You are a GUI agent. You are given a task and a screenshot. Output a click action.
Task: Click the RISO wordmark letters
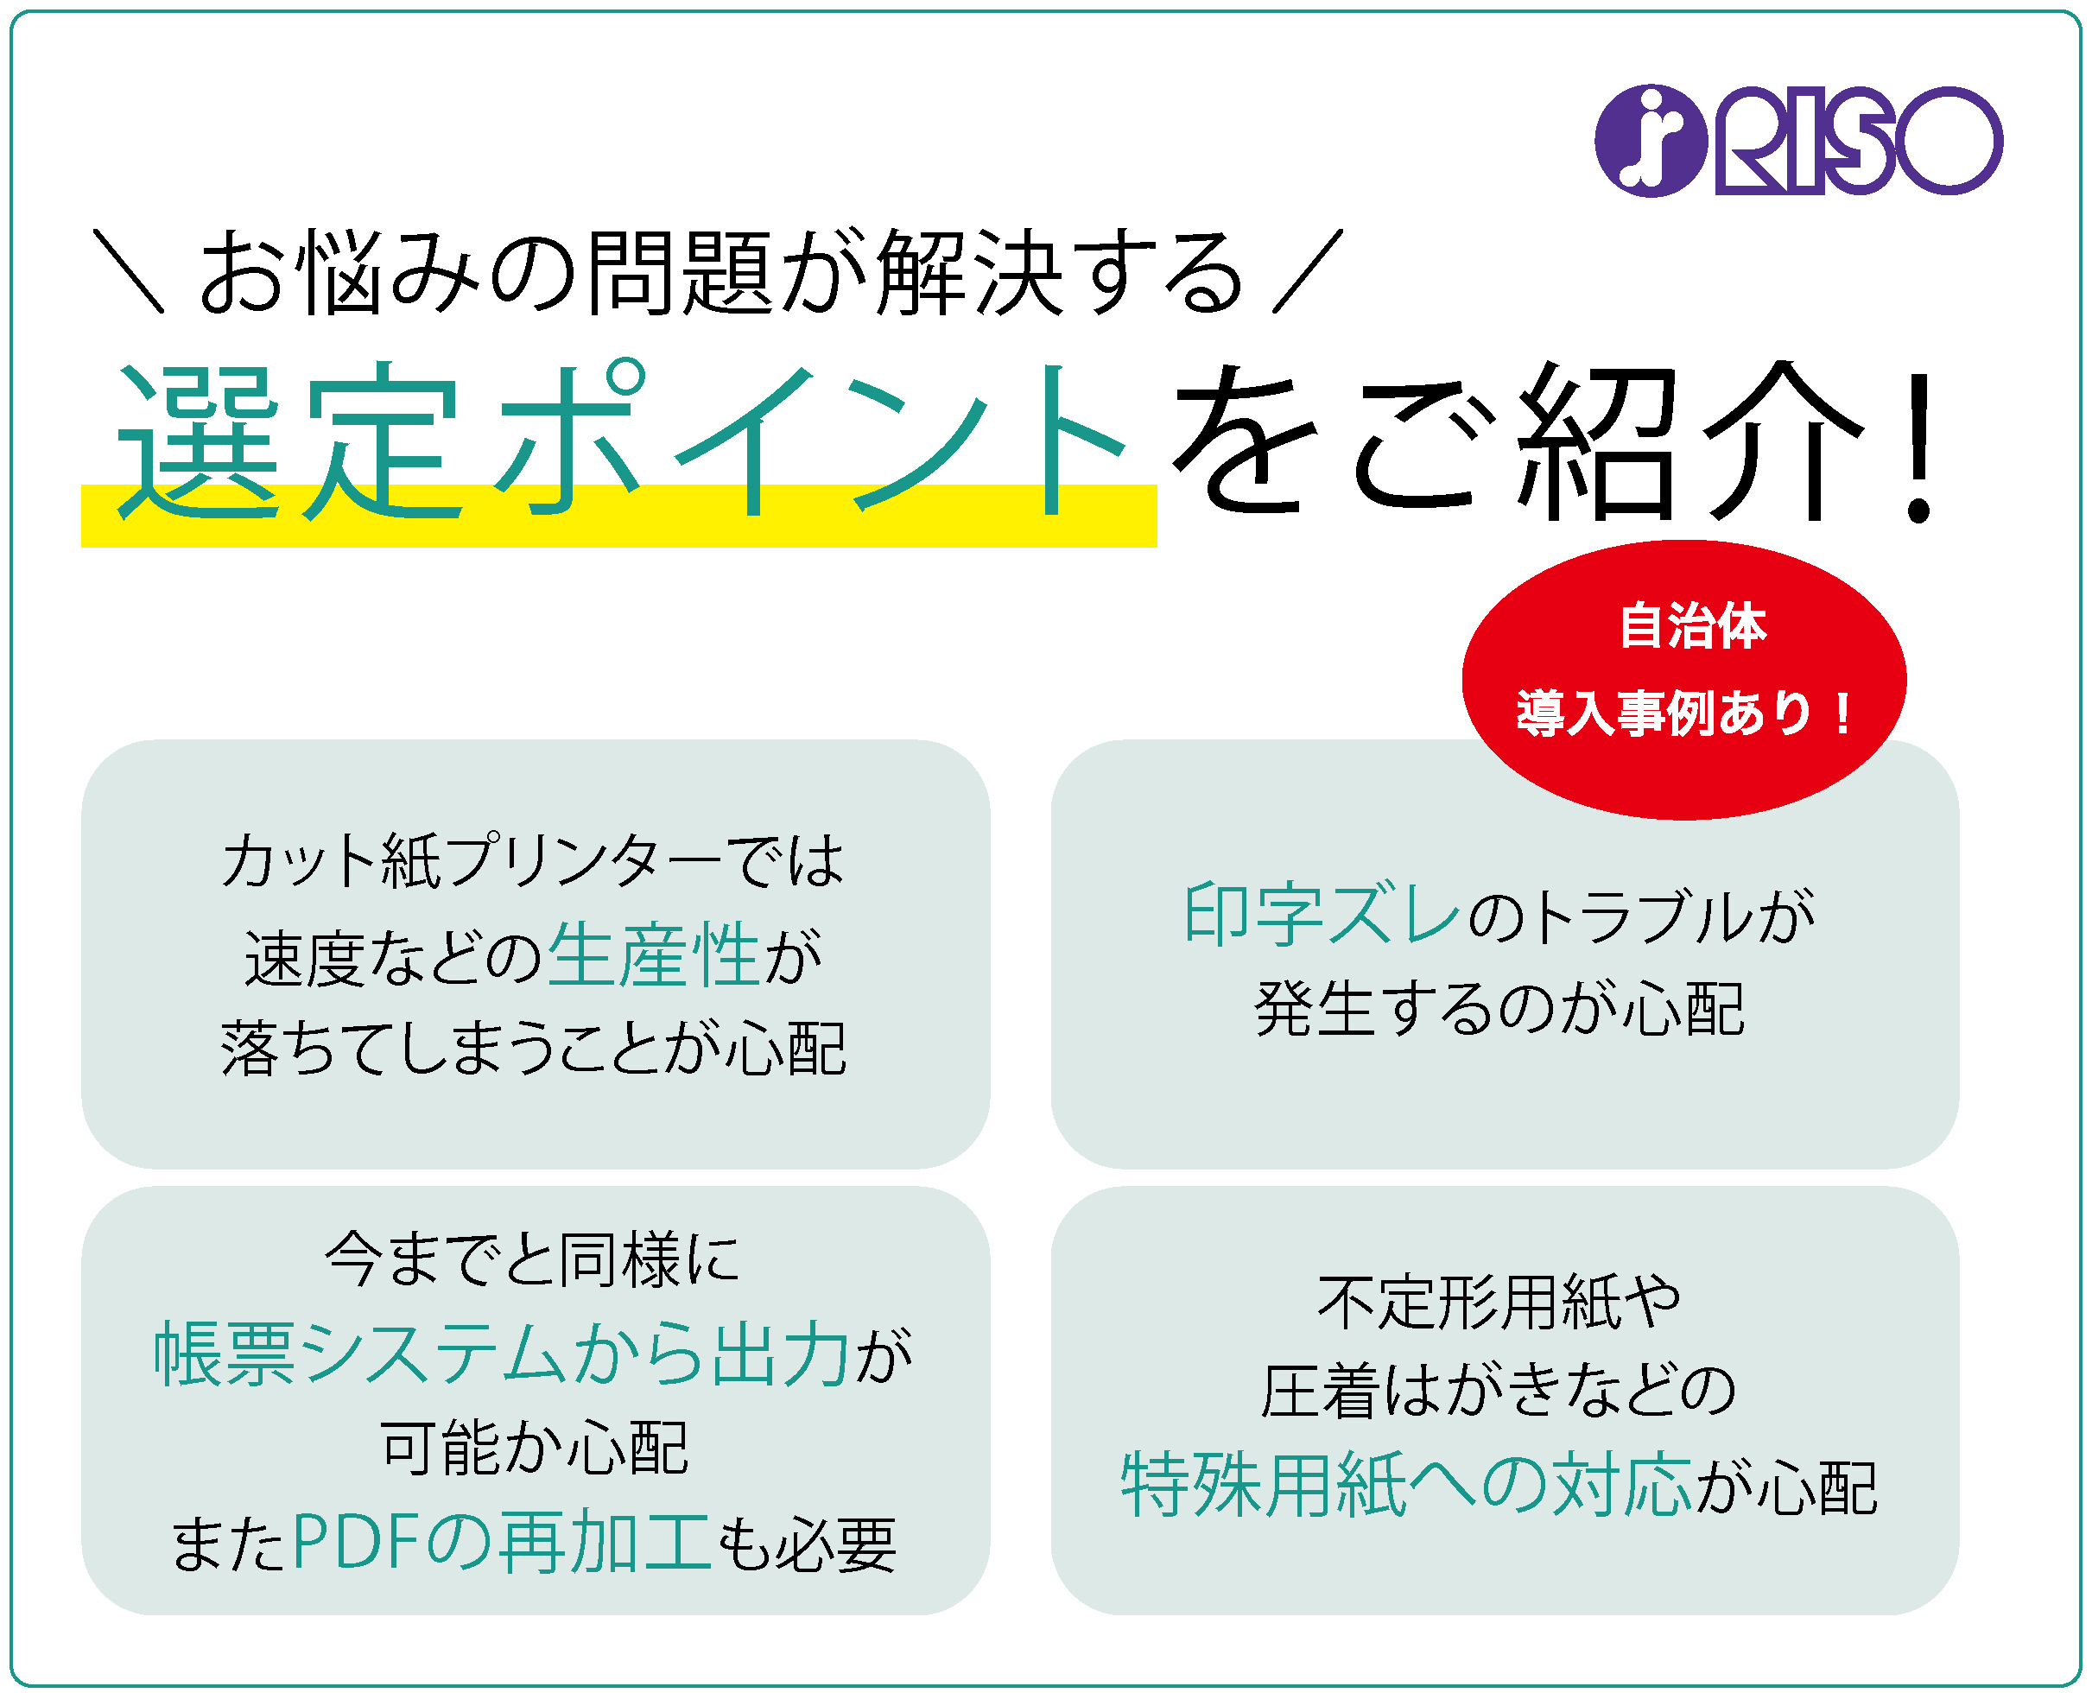[x=1859, y=142]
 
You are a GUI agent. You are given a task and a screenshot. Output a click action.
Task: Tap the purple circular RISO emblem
[x=1651, y=141]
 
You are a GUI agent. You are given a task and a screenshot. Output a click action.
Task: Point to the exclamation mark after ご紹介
[x=1919, y=445]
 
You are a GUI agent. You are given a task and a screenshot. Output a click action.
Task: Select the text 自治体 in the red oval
[x=1693, y=625]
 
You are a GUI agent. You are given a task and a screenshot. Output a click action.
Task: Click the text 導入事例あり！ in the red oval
[x=1684, y=713]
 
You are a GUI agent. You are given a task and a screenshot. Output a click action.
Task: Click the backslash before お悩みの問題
[x=128, y=271]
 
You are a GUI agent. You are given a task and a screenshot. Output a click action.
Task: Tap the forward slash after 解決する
[x=1308, y=271]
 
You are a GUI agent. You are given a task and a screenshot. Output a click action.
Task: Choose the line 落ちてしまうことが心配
[x=534, y=1049]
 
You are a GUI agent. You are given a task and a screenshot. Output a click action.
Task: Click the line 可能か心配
[x=534, y=1449]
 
